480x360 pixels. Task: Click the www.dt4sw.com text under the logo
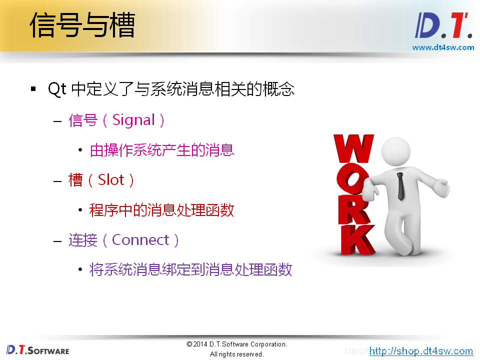(x=443, y=47)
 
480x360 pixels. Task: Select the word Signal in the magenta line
(x=133, y=120)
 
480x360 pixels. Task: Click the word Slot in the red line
(x=111, y=180)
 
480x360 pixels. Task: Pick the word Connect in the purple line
(x=140, y=240)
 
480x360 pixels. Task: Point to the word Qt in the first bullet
(x=57, y=89)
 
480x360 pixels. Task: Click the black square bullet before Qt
(x=33, y=89)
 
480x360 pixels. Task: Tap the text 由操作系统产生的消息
(x=161, y=150)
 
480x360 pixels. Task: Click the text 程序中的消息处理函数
(x=161, y=210)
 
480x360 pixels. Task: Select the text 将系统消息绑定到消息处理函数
(x=190, y=270)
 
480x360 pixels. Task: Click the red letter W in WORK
(x=353, y=148)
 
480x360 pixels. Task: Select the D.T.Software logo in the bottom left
(x=37, y=350)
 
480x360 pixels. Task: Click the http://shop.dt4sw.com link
(x=421, y=351)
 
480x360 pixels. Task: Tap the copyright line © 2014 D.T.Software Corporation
(x=236, y=344)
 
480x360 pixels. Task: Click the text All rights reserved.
(x=236, y=354)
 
